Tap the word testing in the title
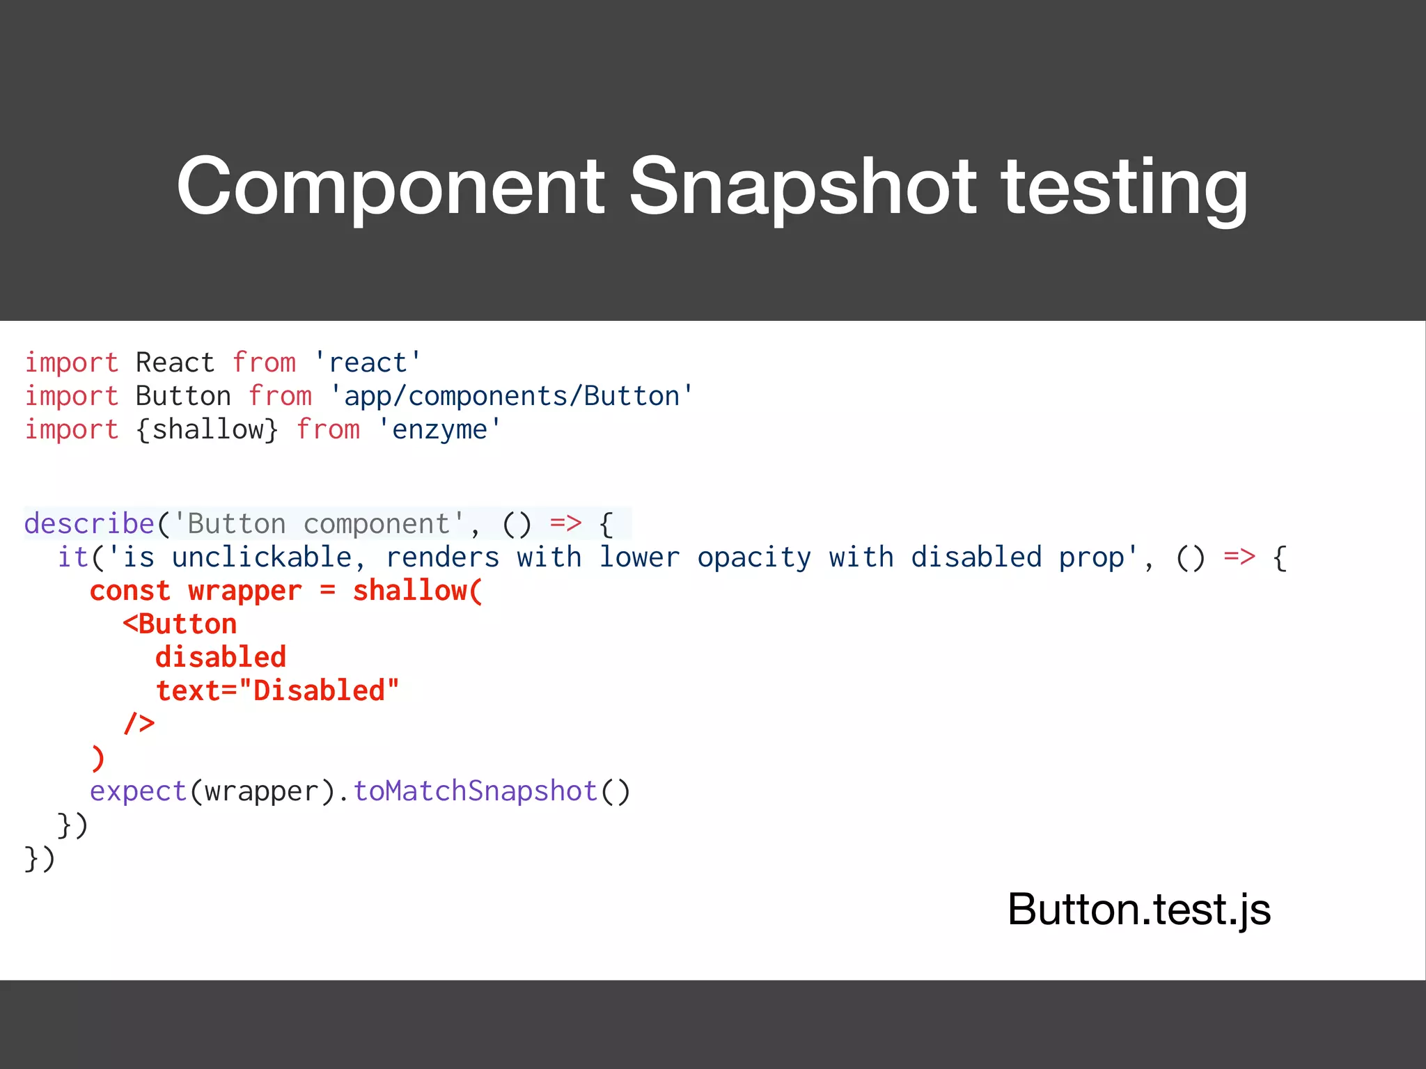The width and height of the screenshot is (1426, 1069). tap(1125, 187)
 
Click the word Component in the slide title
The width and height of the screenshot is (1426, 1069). tap(391, 187)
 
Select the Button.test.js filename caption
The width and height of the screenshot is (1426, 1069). tap(1139, 909)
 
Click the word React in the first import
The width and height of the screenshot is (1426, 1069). tap(175, 363)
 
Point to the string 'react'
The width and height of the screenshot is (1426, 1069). tap(368, 363)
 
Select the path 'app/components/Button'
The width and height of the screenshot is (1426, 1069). tap(512, 396)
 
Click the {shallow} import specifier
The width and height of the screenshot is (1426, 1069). tap(207, 429)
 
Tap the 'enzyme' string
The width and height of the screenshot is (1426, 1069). tap(439, 429)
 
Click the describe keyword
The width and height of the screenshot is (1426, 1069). tap(89, 523)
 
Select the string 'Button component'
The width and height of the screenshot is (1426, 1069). tap(318, 523)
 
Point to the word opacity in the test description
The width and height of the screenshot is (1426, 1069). tap(754, 557)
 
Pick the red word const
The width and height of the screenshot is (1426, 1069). tap(130, 590)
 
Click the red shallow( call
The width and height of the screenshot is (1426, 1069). tap(417, 590)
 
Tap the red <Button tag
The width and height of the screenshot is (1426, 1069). tap(180, 624)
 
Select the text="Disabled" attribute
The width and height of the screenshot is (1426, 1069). tap(277, 690)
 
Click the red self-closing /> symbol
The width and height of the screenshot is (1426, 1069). tap(139, 724)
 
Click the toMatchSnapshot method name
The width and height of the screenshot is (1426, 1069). tap(475, 791)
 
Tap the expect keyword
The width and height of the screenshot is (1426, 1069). tap(138, 791)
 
